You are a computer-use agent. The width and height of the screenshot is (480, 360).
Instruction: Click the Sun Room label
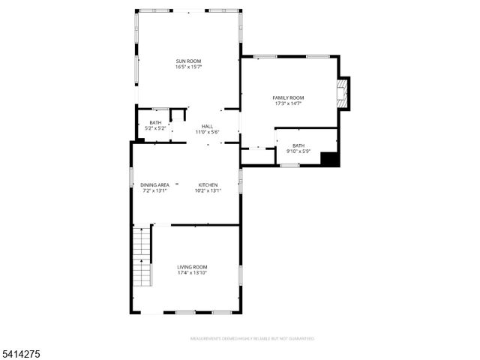tap(188, 61)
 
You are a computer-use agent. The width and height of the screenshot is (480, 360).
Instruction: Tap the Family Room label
tap(288, 97)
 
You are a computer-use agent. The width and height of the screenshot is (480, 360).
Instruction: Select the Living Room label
tap(192, 267)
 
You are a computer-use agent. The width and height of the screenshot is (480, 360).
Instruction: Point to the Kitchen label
tap(208, 184)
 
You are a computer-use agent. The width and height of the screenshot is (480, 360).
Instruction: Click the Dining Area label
tap(154, 184)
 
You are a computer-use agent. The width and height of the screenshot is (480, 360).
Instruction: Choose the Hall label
tap(207, 126)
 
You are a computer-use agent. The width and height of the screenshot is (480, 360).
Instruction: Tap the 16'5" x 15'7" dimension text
tap(188, 67)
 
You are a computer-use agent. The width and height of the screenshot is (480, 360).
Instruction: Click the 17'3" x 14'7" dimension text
tap(288, 103)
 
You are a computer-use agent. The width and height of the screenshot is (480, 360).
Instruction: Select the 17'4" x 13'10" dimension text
tap(192, 273)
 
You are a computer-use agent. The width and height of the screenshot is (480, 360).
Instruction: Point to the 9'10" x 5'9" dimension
tap(298, 151)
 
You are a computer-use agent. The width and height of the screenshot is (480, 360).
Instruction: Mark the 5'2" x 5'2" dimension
tap(155, 128)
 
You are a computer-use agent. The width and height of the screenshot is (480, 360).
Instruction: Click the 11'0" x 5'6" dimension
tap(207, 132)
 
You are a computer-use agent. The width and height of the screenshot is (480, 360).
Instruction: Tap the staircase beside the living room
tap(142, 259)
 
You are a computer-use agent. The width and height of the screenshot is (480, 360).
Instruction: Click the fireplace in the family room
tap(344, 92)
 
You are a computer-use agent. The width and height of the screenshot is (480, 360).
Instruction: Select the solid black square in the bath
tap(329, 159)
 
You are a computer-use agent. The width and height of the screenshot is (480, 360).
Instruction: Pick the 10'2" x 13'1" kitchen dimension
tap(208, 190)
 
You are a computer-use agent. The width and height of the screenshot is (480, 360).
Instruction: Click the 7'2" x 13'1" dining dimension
tap(154, 190)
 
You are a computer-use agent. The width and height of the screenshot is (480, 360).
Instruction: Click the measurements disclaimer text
tap(252, 338)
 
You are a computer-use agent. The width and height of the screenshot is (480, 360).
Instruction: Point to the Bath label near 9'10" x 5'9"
tap(298, 145)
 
